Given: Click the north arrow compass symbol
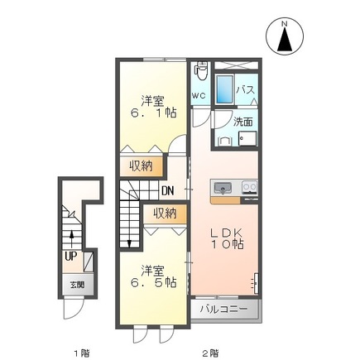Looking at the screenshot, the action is tap(285, 36).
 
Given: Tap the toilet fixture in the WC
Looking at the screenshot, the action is tap(200, 70).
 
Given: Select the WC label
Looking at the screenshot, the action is tap(199, 96).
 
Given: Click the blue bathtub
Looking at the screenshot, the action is tap(224, 89).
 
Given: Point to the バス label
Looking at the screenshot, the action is tap(245, 90).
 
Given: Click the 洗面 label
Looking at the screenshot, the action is tap(243, 122).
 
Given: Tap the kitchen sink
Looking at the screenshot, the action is tap(223, 189).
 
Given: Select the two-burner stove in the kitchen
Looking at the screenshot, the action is tap(250, 187).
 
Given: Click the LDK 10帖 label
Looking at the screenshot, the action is tap(227, 239).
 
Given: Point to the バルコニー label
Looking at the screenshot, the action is tap(223, 309).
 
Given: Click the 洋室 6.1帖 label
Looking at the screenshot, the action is tap(154, 107).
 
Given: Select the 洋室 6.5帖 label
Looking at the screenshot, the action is tap(154, 276).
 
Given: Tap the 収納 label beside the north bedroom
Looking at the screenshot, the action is tap(142, 166).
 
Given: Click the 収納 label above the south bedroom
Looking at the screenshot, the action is tap(165, 214).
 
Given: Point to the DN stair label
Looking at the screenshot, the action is tap(167, 190).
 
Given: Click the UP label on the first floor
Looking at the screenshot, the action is tap(70, 257).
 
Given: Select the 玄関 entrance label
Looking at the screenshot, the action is tap(77, 285).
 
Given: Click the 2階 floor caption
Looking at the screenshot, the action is tap(211, 353).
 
